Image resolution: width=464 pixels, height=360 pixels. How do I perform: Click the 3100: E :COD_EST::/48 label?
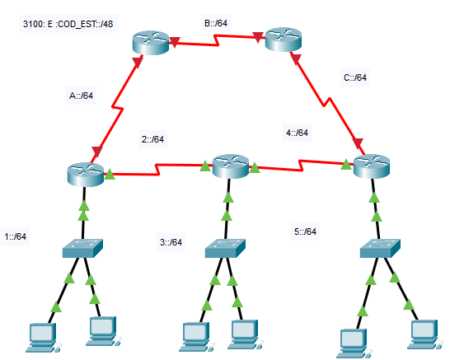pos(68,24)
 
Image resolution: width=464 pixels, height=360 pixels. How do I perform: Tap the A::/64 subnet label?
pos(81,96)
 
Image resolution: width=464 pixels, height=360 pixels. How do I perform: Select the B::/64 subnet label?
pos(216,23)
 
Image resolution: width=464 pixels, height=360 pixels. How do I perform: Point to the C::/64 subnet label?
pos(355,77)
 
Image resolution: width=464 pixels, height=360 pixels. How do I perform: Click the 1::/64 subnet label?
pos(16,236)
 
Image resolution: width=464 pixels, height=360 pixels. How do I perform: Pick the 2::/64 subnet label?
pos(152,139)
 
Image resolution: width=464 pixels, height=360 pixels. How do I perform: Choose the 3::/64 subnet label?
pos(171,242)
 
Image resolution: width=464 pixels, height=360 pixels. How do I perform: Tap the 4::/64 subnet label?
pos(297,133)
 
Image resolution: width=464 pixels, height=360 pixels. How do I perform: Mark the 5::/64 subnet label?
pos(306,231)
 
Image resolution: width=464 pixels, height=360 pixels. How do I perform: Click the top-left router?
pos(151,43)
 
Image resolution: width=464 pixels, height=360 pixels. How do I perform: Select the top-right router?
pos(284,40)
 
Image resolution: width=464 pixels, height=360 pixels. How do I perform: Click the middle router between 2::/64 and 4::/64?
pos(231,166)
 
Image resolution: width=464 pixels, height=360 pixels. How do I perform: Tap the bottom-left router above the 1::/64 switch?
pos(86,175)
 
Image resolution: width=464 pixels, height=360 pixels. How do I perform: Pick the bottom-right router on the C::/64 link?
pos(372,166)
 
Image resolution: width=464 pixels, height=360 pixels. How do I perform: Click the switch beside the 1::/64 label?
pos(82,249)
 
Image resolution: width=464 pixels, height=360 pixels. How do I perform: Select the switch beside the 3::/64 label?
pos(225,249)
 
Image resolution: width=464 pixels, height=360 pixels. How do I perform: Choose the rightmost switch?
pos(380,249)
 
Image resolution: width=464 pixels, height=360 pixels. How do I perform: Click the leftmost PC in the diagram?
pos(43,338)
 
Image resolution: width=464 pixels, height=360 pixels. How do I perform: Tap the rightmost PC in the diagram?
pos(425,334)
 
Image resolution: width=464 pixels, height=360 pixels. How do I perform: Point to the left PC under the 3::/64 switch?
pos(196,337)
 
